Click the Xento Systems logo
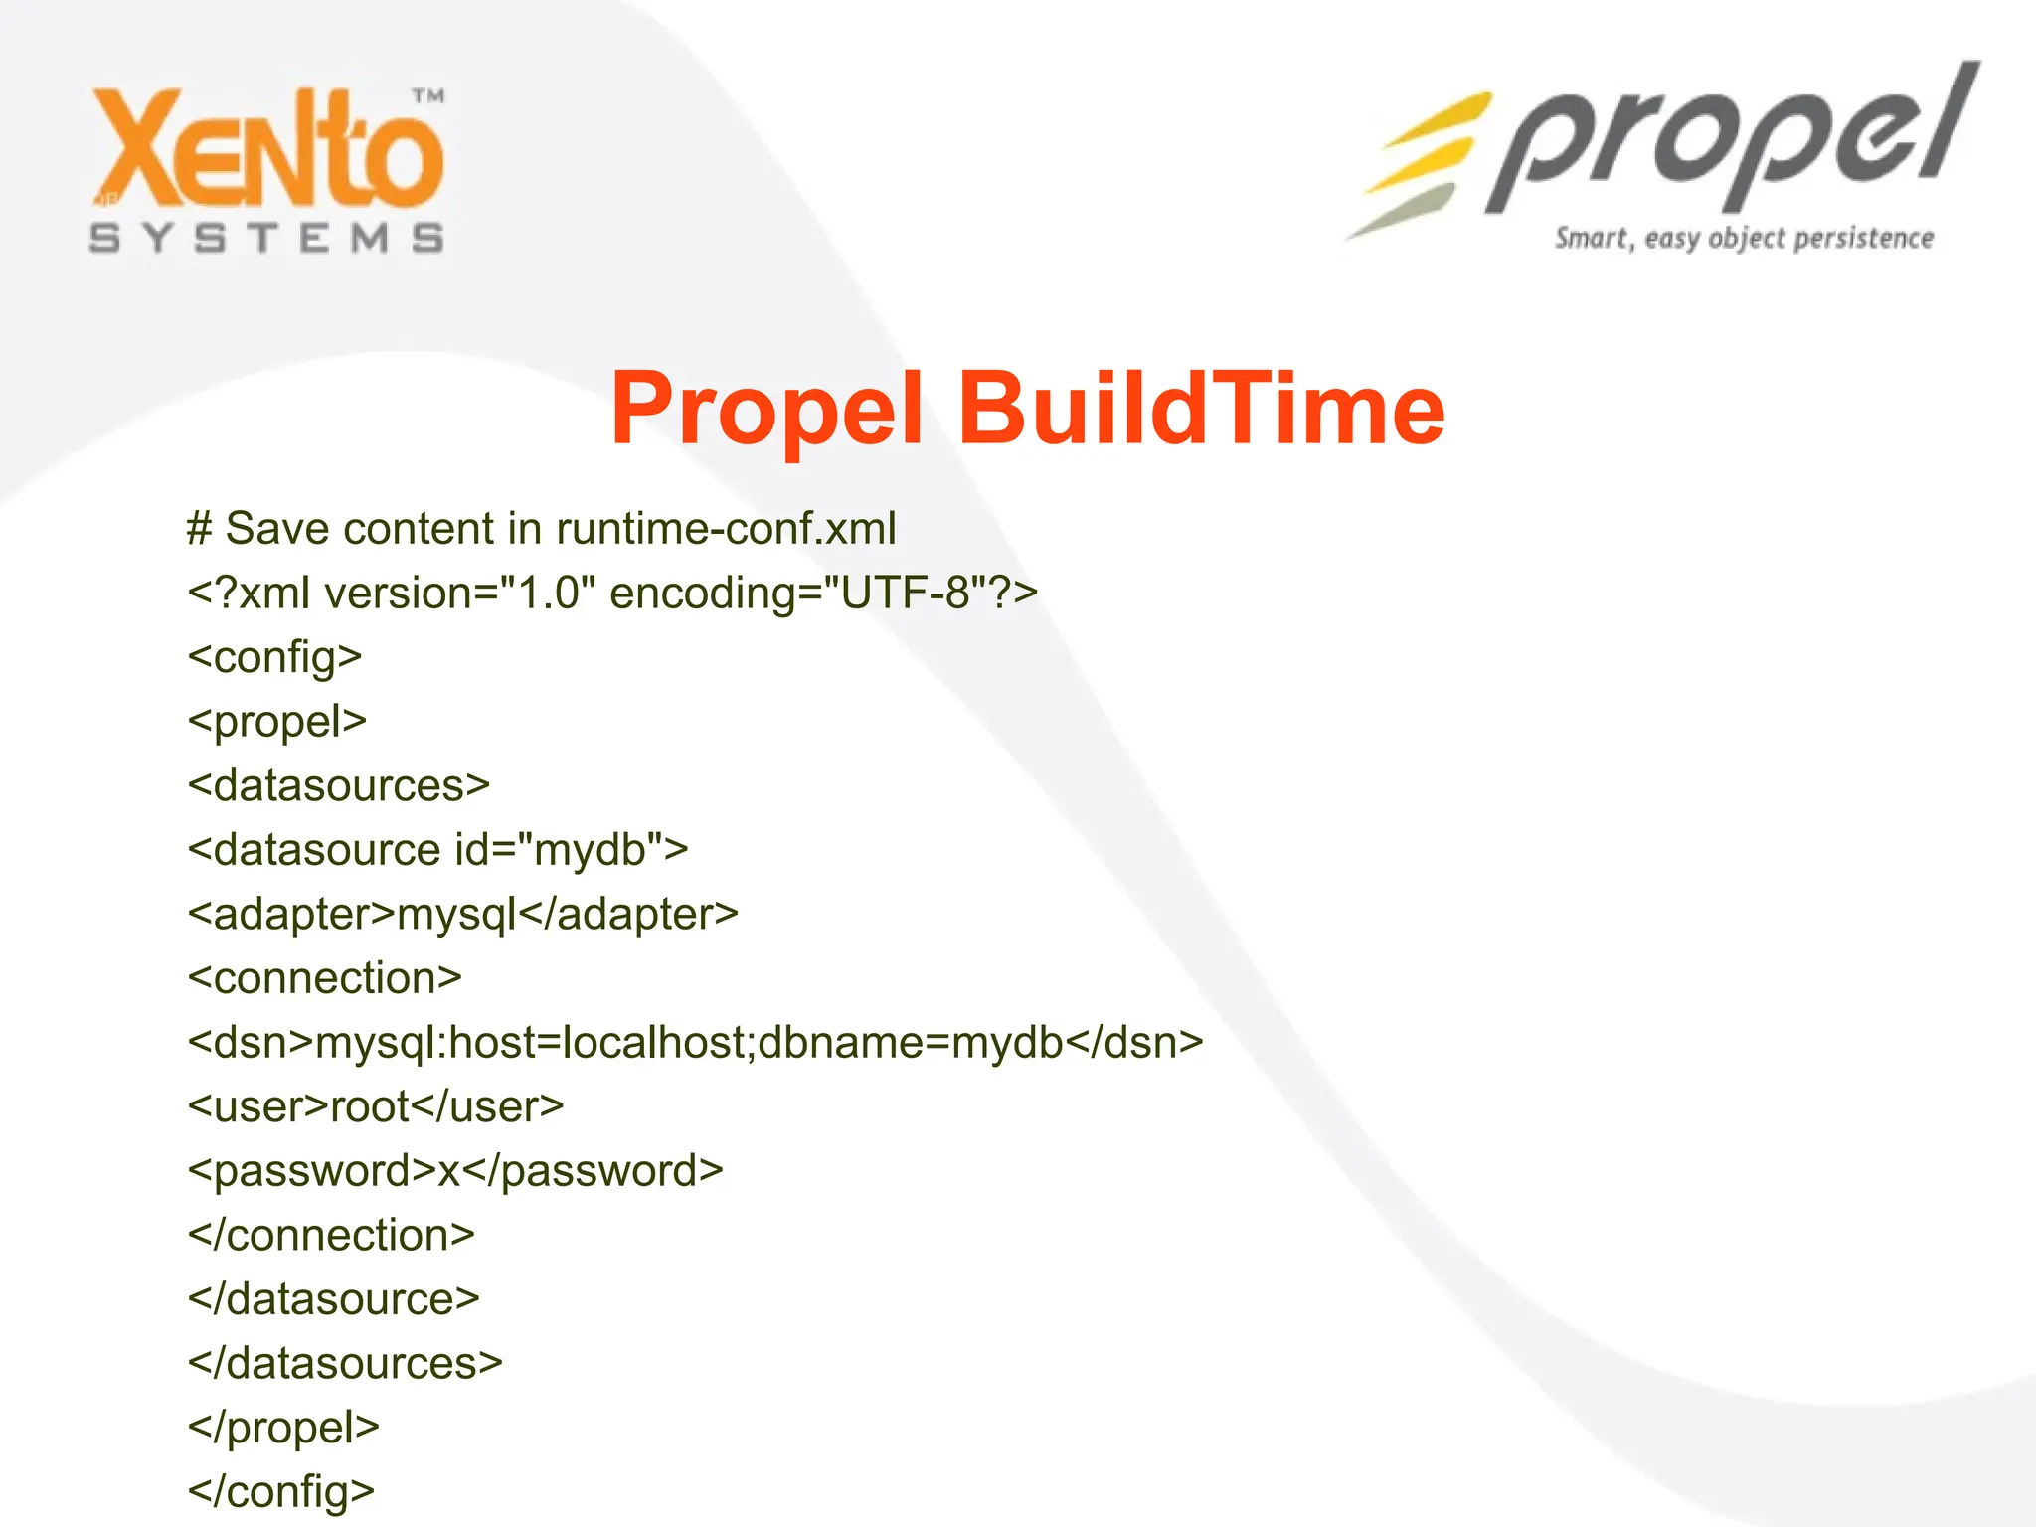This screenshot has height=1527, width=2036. click(x=266, y=169)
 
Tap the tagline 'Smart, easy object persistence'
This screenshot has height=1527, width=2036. click(x=1744, y=239)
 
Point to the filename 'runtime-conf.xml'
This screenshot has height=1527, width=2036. click(x=726, y=528)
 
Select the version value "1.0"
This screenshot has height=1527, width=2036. click(x=548, y=593)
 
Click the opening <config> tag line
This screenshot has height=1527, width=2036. click(x=274, y=657)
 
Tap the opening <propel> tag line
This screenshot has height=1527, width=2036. click(x=277, y=722)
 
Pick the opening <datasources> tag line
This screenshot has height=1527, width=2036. click(x=339, y=785)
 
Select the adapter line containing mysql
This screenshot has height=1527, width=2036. click(x=463, y=915)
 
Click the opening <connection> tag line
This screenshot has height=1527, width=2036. click(x=325, y=978)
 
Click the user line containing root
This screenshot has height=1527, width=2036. click(x=376, y=1106)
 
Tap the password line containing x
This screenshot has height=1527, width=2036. click(x=455, y=1171)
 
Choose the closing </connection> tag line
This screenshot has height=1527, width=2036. click(x=331, y=1235)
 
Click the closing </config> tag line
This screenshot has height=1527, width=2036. click(x=281, y=1491)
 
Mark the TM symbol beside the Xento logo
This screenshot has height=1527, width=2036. click(x=428, y=96)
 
